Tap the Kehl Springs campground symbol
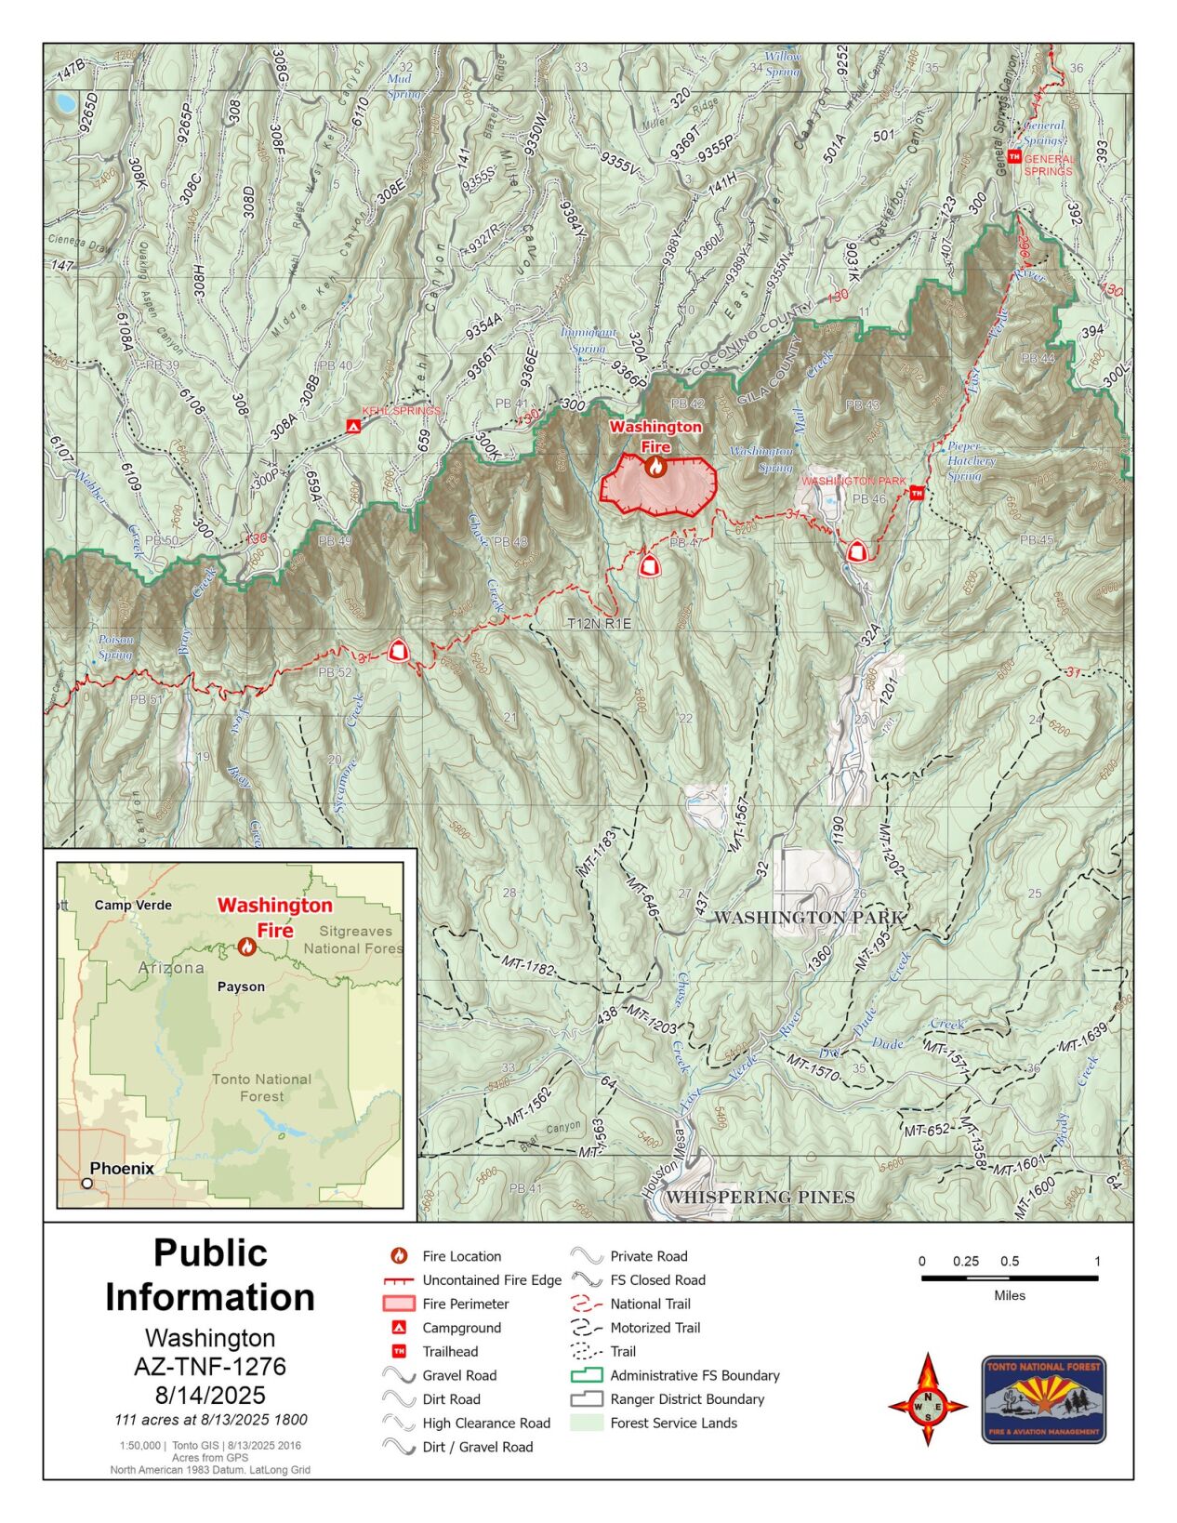[353, 426]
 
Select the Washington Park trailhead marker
[917, 492]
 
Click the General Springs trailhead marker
[1013, 156]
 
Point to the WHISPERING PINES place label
[760, 1197]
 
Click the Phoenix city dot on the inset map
[87, 1183]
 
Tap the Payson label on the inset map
[241, 987]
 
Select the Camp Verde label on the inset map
[133, 905]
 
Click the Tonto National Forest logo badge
[1043, 1398]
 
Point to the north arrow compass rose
[927, 1398]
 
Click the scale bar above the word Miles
[1009, 1278]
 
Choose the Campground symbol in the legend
[399, 1328]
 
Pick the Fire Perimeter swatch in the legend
[399, 1304]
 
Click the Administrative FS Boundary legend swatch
[587, 1375]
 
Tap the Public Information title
[210, 1275]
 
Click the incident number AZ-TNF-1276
[210, 1366]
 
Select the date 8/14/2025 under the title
[210, 1395]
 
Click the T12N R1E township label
[599, 624]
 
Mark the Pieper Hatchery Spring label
[971, 461]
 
